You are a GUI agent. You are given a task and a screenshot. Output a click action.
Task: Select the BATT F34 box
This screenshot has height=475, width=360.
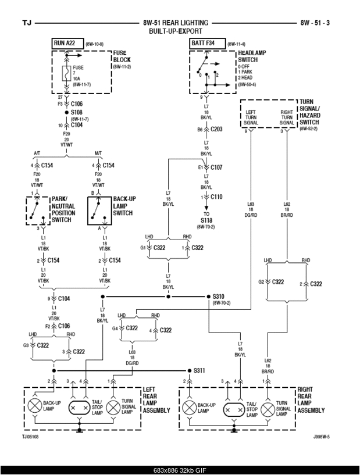[206, 44]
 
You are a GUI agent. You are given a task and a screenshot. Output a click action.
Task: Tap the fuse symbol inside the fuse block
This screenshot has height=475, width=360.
[67, 73]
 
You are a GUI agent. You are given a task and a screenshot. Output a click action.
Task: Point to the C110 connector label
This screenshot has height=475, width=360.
[216, 197]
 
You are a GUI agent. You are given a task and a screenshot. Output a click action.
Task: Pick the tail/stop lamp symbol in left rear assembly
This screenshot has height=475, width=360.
[80, 408]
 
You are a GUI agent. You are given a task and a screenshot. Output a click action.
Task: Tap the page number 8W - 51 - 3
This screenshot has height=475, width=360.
[315, 23]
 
